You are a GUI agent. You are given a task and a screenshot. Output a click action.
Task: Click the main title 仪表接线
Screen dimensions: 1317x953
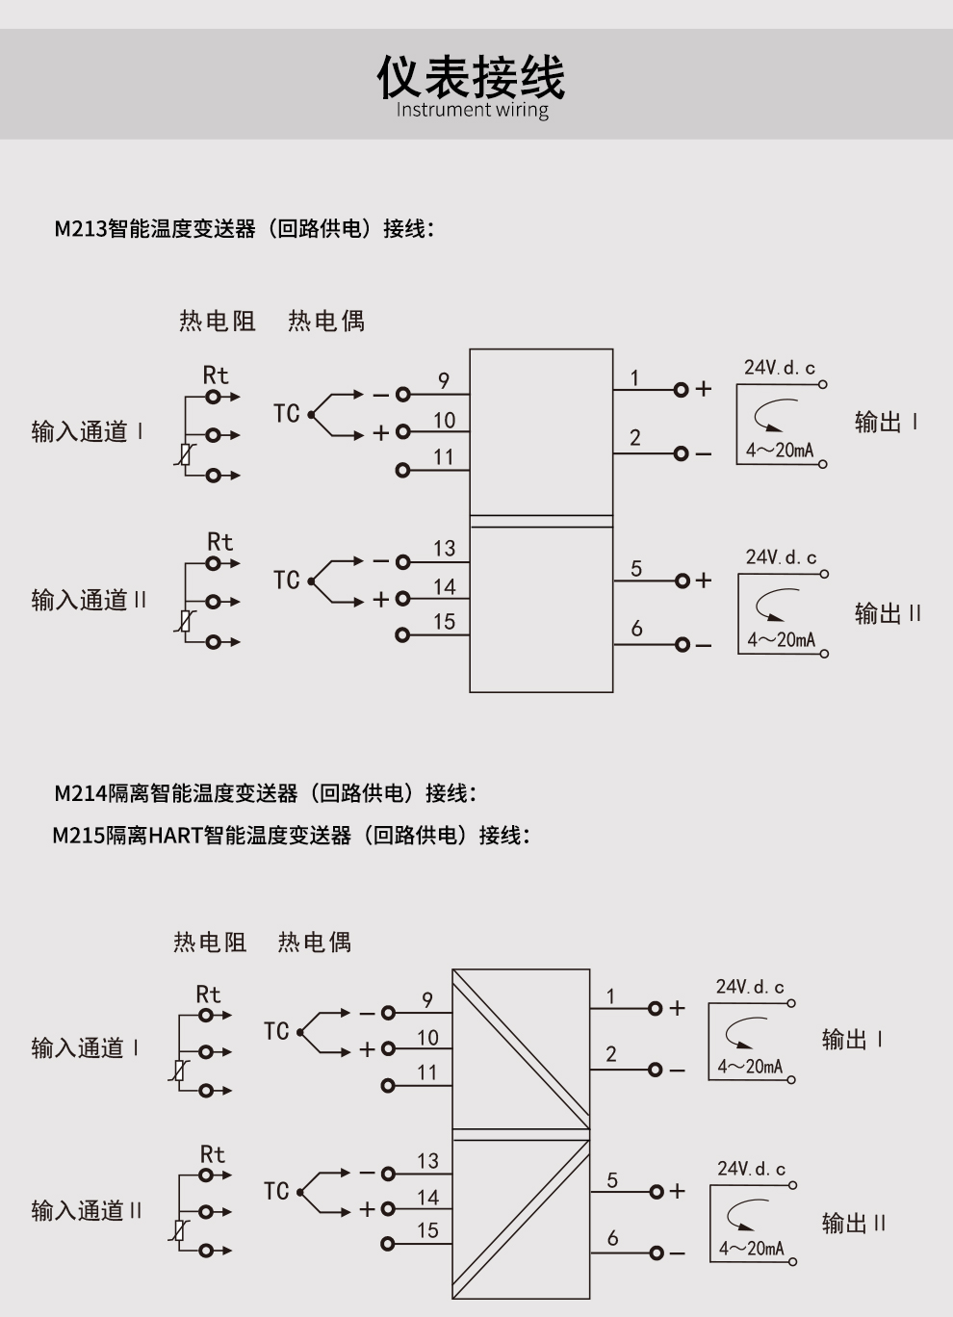(471, 77)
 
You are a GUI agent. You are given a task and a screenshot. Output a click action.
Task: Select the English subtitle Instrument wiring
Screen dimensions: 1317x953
(472, 110)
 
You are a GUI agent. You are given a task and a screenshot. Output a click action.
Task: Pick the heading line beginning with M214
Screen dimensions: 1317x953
(266, 793)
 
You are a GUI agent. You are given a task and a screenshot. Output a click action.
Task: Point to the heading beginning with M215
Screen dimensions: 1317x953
(291, 835)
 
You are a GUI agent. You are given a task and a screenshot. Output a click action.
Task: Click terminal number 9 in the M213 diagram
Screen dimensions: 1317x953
(444, 380)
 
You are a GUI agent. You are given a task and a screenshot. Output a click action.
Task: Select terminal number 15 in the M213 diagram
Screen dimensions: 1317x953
(444, 622)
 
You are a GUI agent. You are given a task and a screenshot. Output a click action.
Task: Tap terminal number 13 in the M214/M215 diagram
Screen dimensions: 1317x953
(427, 1161)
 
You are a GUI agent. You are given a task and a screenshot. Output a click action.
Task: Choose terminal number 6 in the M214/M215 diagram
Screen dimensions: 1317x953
(612, 1238)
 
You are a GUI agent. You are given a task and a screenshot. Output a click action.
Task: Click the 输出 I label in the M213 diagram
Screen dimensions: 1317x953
(886, 423)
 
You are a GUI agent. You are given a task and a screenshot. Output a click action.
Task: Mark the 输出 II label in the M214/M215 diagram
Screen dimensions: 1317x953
(854, 1224)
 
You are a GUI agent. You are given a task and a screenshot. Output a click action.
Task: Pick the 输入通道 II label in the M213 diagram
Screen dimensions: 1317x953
(89, 601)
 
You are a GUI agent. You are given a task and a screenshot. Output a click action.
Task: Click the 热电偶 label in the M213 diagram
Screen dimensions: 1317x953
(326, 321)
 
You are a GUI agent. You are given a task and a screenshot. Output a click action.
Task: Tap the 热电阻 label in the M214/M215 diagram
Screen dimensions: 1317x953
(210, 942)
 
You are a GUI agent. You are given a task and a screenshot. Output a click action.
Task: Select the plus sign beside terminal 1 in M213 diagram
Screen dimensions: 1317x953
(704, 389)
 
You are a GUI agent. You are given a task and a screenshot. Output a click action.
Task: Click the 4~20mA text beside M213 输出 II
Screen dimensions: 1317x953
(781, 640)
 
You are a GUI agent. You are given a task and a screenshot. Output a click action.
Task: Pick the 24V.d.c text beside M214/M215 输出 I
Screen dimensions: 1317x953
(750, 987)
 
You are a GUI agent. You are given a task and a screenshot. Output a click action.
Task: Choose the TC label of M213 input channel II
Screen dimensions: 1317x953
(287, 581)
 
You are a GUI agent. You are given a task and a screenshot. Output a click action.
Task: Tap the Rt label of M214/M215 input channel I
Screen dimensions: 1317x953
(208, 994)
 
